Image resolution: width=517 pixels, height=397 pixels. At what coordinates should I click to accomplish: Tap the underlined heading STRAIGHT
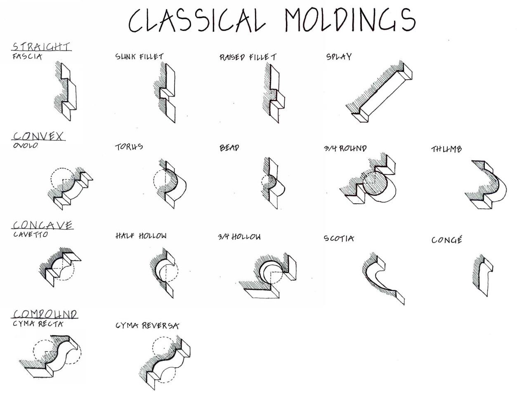pos(41,46)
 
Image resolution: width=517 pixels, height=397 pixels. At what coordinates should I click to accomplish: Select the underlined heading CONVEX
pos(39,136)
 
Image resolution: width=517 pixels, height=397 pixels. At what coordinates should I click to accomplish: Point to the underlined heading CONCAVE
pos(42,225)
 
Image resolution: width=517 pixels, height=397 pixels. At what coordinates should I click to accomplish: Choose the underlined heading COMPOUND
pos(45,315)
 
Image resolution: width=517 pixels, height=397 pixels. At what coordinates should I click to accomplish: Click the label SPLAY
pos(339,56)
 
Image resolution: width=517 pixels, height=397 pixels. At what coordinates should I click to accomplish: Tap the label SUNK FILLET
pos(139,56)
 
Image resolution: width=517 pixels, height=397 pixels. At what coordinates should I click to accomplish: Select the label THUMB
pos(446,149)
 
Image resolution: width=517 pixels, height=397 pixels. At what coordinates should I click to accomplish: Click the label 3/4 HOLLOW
pos(239,237)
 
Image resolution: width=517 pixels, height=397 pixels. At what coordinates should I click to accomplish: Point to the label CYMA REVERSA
pos(147,326)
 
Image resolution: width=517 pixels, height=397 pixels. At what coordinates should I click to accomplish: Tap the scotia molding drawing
pos(382,278)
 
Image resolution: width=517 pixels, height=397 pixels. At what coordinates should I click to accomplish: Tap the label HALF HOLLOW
pos(141,236)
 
